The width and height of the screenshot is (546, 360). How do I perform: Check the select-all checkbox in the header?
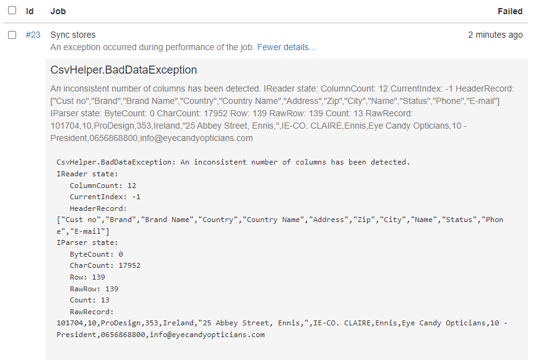(x=12, y=11)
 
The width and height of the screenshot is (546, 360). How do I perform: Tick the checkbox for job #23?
(x=12, y=35)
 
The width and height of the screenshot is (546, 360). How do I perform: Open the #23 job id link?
(x=33, y=35)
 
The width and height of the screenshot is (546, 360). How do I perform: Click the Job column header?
(x=58, y=11)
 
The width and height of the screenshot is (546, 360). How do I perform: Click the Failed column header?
(x=509, y=11)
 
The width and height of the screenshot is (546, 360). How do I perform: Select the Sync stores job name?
(x=72, y=35)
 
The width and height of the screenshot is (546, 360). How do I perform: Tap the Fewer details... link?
(x=286, y=47)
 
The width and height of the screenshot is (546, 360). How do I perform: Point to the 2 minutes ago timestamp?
(x=495, y=35)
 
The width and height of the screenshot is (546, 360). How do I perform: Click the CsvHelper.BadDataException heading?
(x=124, y=70)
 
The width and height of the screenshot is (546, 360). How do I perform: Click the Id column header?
(x=30, y=11)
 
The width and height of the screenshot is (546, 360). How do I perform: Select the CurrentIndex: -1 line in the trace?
(x=105, y=197)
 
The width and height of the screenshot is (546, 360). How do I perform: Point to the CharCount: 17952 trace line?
(x=105, y=265)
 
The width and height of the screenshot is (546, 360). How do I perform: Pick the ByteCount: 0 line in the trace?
(x=96, y=254)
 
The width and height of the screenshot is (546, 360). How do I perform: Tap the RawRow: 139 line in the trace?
(x=93, y=288)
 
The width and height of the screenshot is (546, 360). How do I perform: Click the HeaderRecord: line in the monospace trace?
(x=98, y=208)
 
